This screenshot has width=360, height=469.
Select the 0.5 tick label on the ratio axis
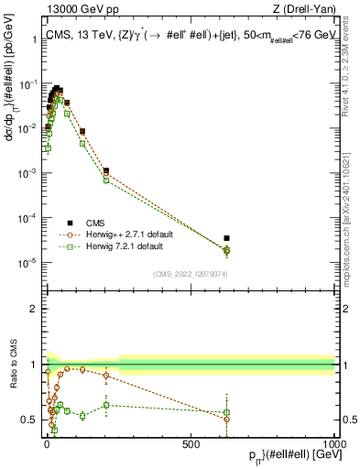31,420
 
